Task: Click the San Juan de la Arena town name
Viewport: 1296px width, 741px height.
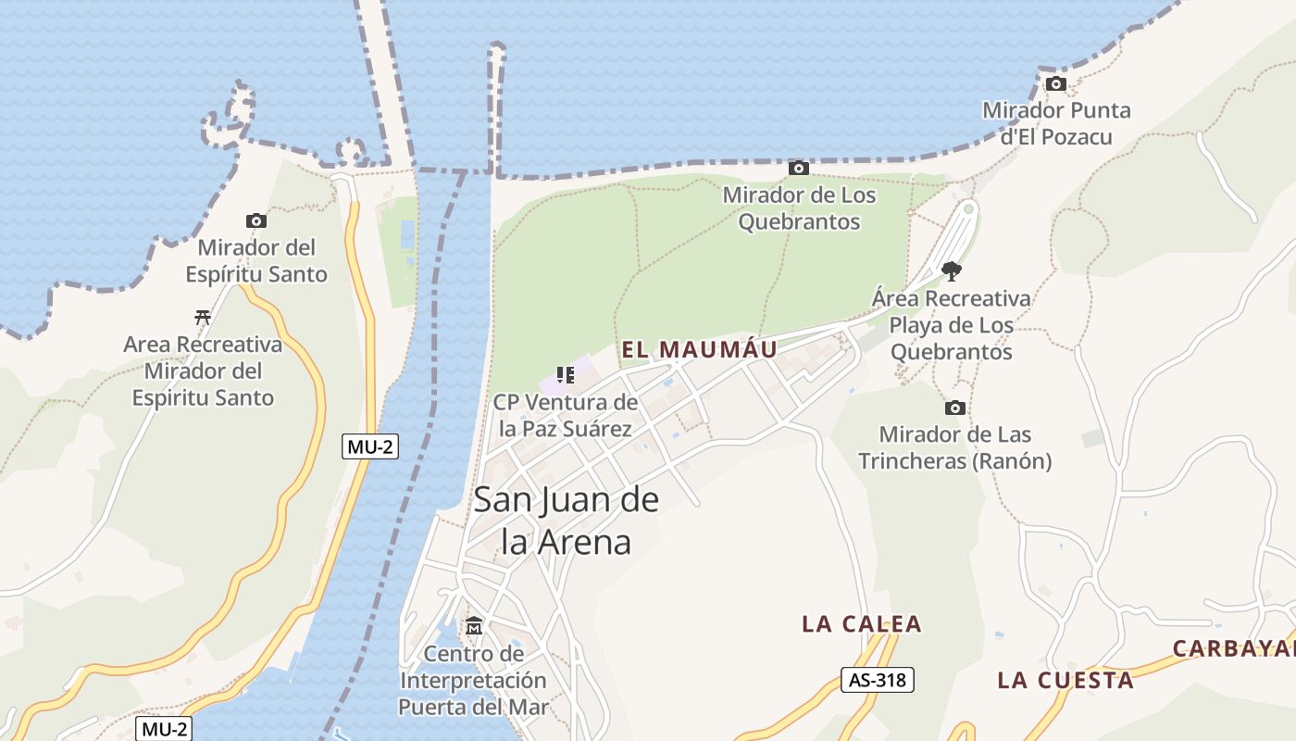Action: coord(566,521)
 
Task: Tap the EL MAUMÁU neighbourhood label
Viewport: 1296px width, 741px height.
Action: coord(699,349)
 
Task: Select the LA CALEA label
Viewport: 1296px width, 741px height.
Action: coord(862,623)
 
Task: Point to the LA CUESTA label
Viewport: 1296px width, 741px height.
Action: coord(1065,680)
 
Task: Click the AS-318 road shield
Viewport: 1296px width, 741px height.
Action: coord(878,680)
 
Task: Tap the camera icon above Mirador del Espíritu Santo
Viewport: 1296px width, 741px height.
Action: coord(256,220)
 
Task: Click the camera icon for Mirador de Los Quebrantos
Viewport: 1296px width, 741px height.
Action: coord(798,168)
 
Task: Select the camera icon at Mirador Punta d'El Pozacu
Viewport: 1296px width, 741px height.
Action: coord(1055,83)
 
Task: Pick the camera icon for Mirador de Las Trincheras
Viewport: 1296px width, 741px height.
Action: coord(954,408)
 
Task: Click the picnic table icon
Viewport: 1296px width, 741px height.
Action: coord(203,317)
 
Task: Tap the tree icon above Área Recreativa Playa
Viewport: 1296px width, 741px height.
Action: coord(951,270)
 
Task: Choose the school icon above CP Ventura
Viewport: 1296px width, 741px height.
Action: coord(566,375)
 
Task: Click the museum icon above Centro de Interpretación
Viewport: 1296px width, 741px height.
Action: coord(474,626)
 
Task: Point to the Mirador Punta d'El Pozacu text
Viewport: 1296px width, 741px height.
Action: coord(1056,123)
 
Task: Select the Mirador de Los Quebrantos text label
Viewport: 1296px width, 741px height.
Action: coord(799,208)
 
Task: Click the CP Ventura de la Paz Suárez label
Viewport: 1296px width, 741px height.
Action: coord(566,415)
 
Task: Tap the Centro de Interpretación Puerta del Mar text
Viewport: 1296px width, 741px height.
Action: coord(474,681)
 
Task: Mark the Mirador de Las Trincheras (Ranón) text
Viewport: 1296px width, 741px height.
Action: coord(954,447)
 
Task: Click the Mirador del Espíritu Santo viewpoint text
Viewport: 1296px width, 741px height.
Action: coord(256,260)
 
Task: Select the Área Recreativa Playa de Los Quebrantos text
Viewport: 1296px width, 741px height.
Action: coord(951,325)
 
